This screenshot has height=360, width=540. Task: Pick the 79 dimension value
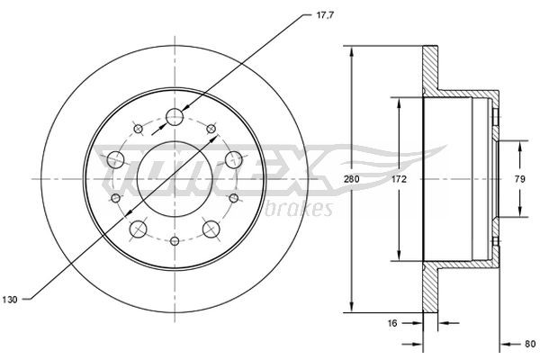click(x=518, y=180)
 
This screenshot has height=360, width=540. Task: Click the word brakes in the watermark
click(x=304, y=209)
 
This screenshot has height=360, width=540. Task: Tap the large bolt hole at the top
click(x=175, y=117)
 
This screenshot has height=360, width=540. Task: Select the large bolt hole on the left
click(x=115, y=160)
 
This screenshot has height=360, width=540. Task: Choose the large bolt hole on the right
click(x=235, y=160)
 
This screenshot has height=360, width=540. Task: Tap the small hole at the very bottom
click(x=175, y=242)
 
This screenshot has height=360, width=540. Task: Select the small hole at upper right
click(x=212, y=130)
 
